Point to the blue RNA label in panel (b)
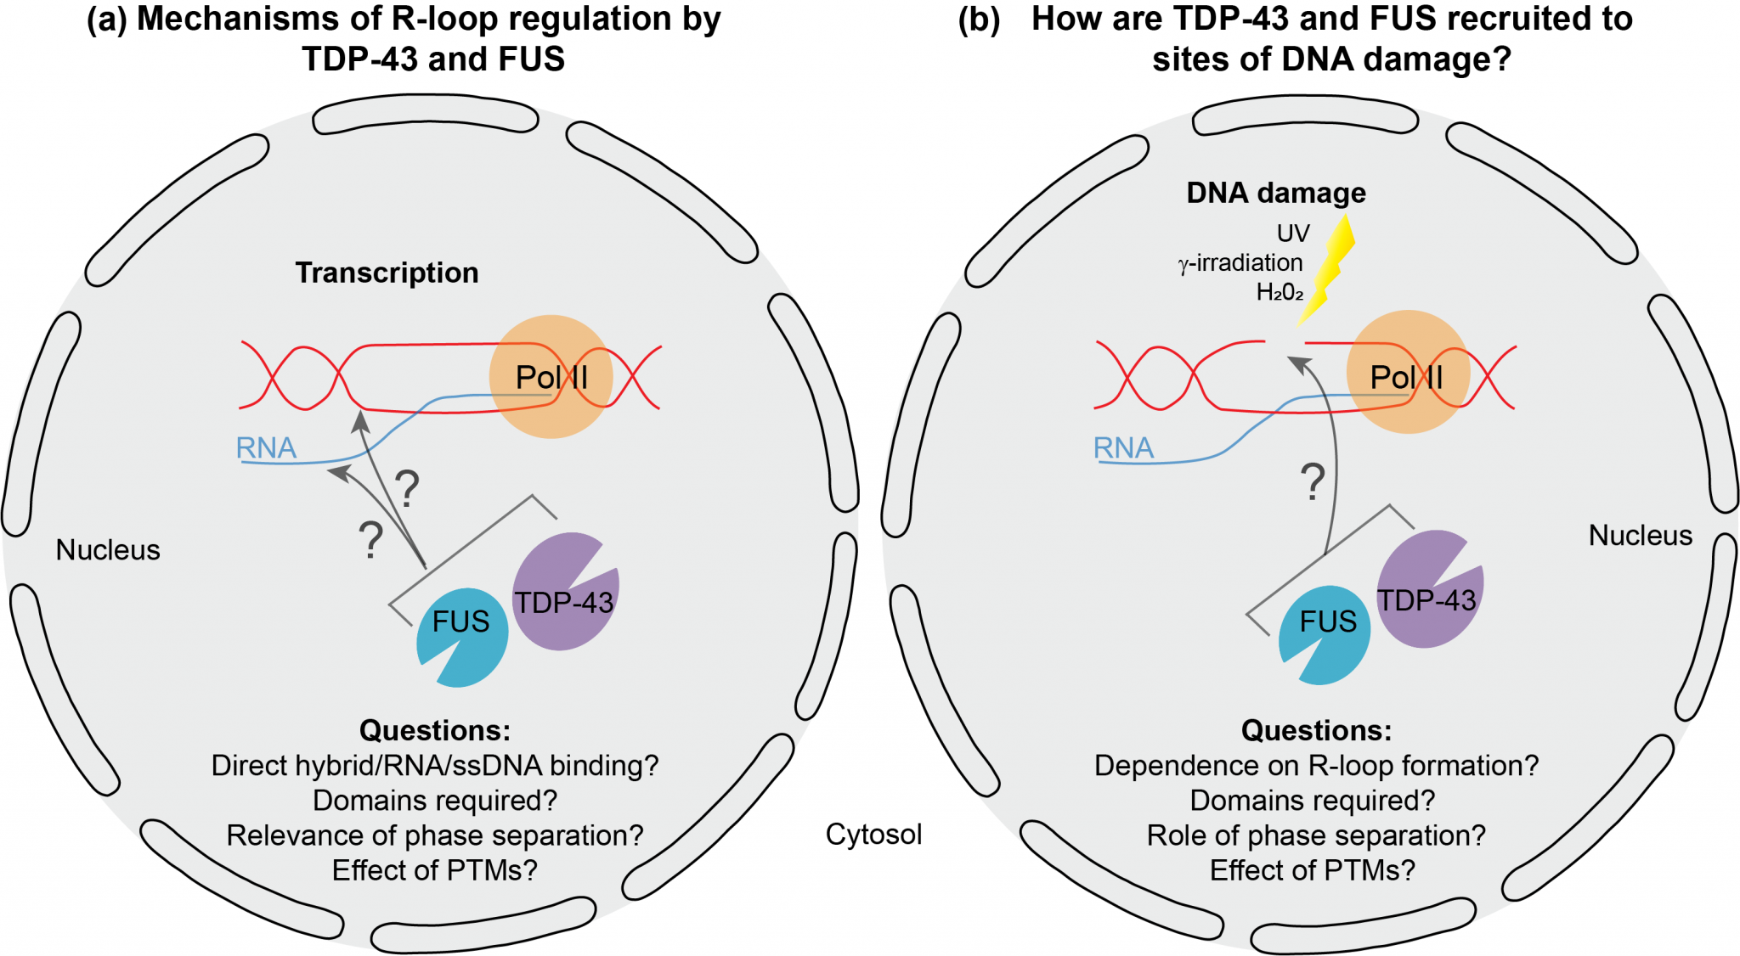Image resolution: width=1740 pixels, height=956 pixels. coord(1123,447)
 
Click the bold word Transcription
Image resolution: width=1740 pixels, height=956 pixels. coord(387,273)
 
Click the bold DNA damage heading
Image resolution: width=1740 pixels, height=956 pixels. coord(1276,193)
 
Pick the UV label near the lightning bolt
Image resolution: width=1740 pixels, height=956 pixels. coord(1293,233)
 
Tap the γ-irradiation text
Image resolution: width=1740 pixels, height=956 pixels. coord(1240,263)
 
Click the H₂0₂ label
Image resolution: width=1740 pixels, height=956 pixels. coord(1280,293)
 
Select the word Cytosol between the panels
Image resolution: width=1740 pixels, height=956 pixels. coord(873,834)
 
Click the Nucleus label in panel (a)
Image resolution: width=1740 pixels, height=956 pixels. coord(108,550)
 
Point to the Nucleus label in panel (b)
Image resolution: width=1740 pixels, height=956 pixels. coord(1640,536)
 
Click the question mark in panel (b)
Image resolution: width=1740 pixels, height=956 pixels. coord(1313,481)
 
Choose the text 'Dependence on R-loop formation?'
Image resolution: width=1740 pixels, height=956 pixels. coord(1316,766)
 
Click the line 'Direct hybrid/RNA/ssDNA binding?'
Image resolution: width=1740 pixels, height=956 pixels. coord(435,766)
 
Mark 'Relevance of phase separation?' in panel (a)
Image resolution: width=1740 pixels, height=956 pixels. coord(435,835)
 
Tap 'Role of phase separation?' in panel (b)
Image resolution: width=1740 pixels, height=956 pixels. coord(1316,835)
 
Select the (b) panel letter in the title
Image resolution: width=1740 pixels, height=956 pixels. coord(979,20)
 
